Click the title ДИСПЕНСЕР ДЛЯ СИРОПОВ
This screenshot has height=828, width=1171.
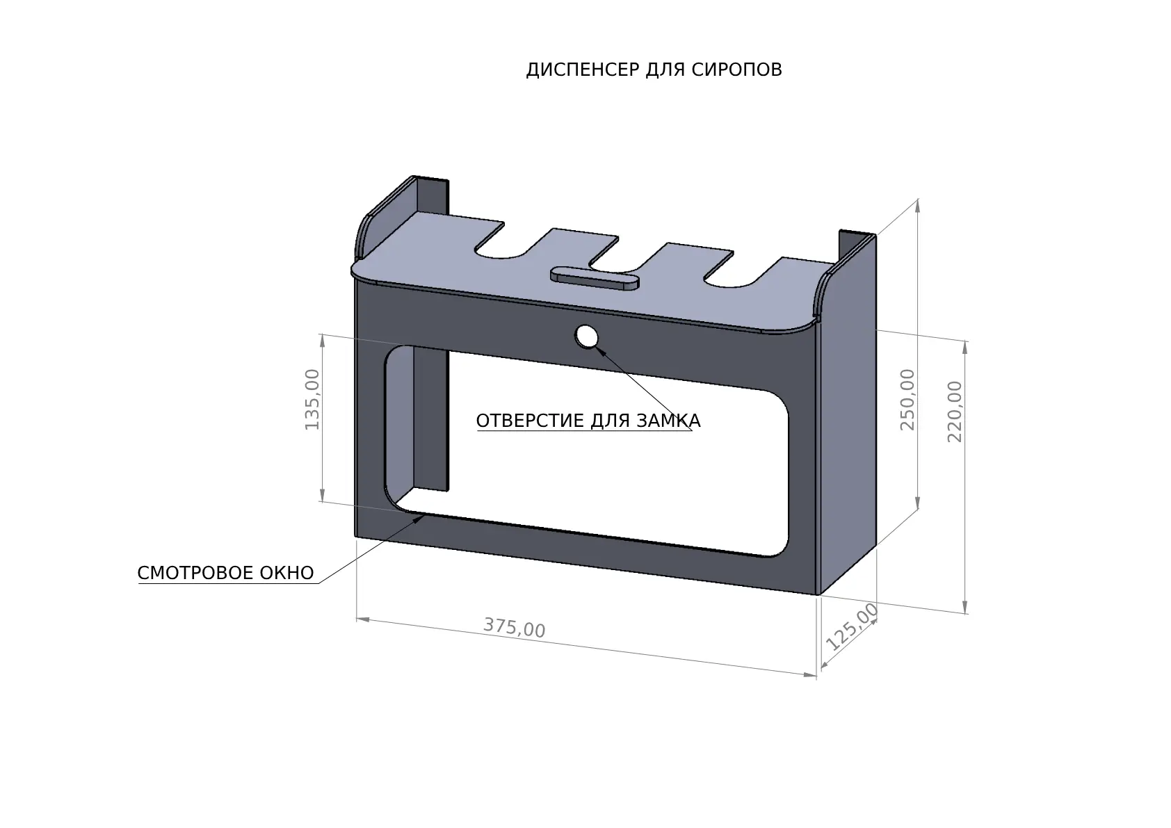(654, 70)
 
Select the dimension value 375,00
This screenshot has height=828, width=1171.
(514, 628)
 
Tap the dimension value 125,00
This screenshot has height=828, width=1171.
(852, 626)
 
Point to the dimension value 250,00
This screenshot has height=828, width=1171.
(908, 399)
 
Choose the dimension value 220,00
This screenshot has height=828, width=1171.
(955, 412)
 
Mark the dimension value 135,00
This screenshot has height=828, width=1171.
(312, 399)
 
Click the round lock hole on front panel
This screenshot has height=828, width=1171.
(586, 337)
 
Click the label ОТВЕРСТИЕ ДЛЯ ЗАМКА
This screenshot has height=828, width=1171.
(588, 421)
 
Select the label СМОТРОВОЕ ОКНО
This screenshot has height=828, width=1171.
(225, 574)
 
